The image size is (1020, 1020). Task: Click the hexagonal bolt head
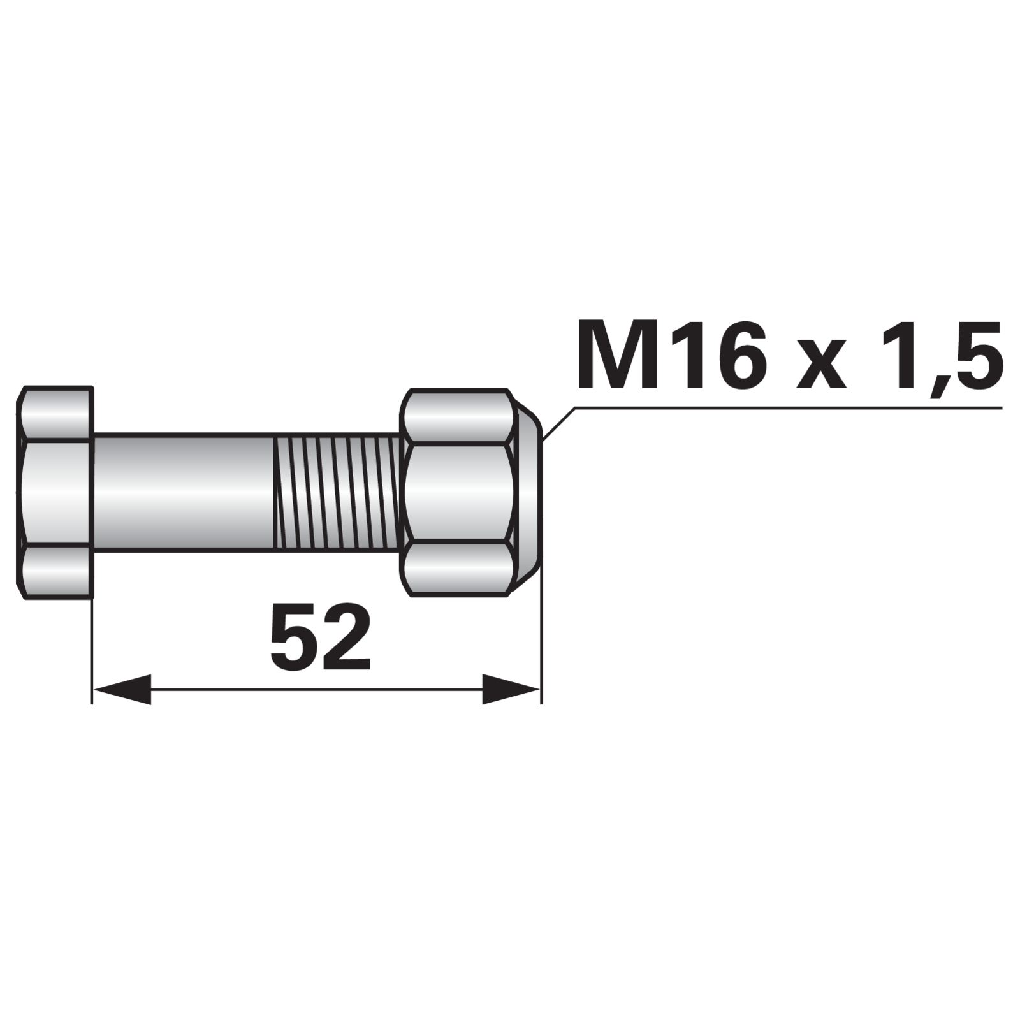coord(55,492)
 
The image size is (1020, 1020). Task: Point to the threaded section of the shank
coord(338,492)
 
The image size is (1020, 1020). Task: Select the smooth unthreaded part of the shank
coord(184,492)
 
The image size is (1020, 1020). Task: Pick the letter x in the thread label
coord(822,365)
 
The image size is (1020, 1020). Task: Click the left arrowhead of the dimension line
coord(122,689)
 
